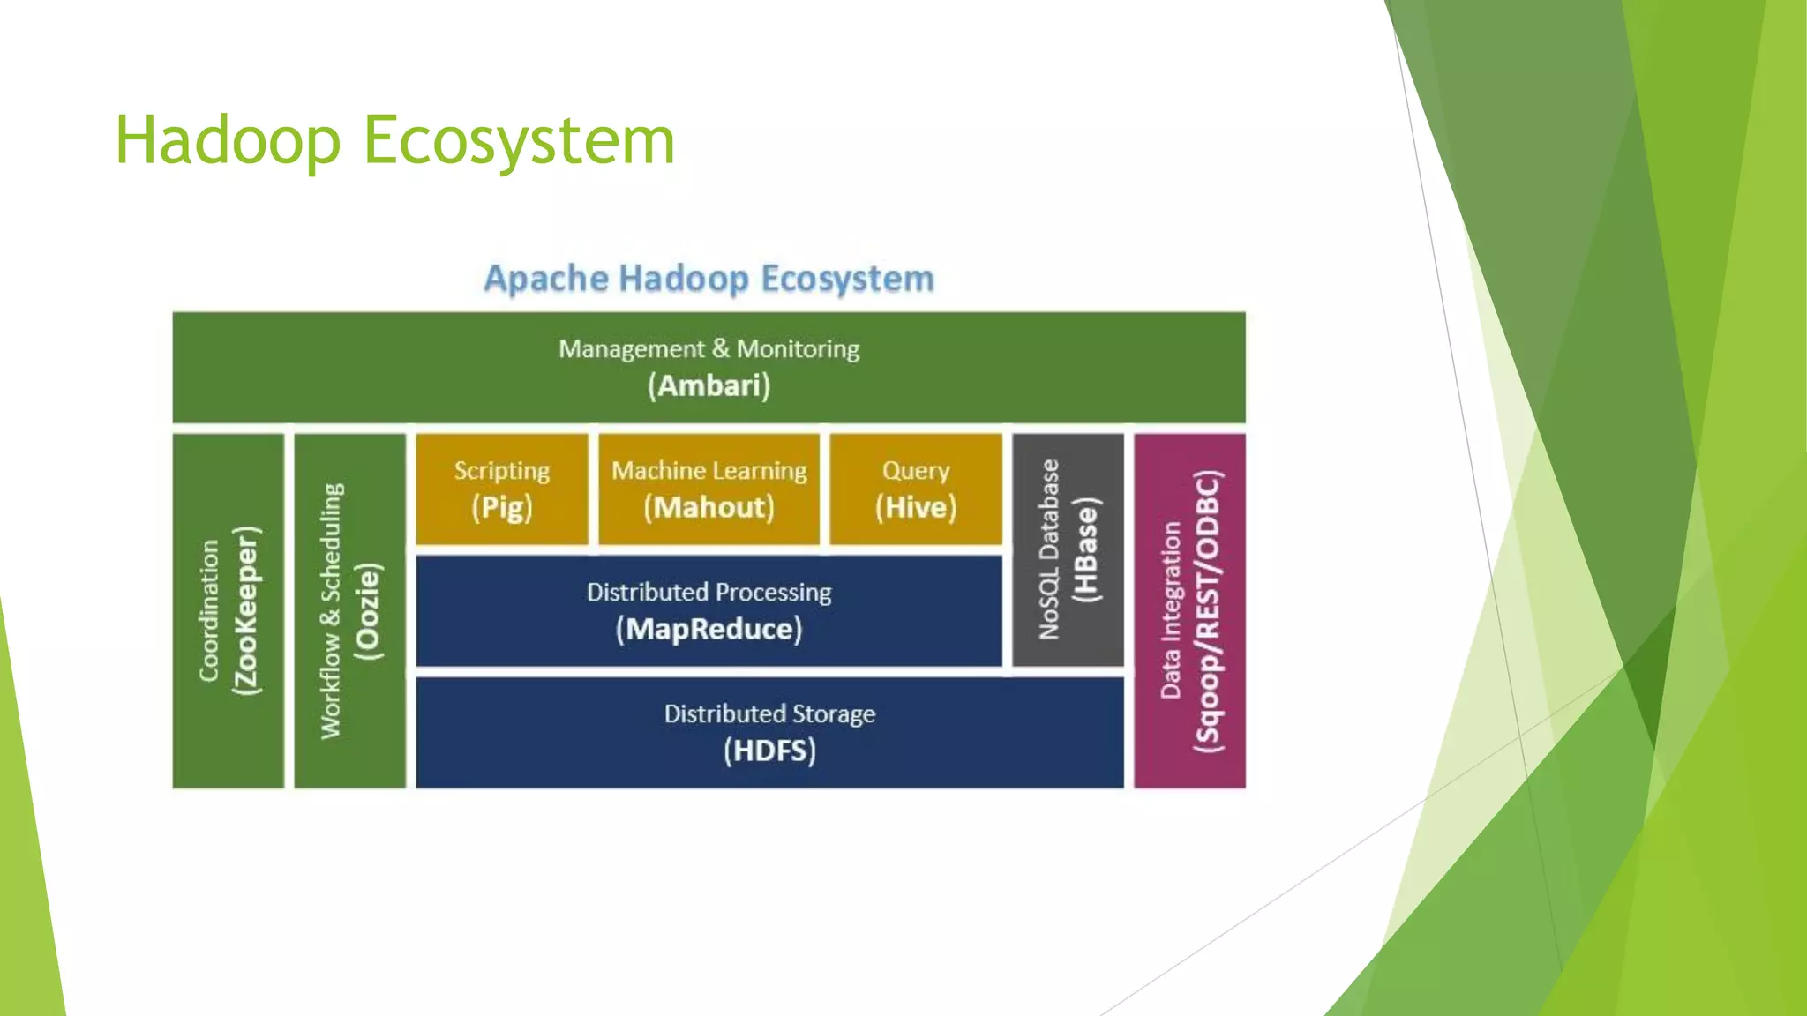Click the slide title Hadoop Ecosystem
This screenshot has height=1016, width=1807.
(394, 141)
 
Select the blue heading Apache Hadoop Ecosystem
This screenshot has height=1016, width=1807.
(709, 279)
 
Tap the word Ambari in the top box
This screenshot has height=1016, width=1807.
(709, 386)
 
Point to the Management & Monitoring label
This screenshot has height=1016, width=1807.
(709, 349)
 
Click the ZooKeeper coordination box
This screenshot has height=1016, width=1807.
(229, 610)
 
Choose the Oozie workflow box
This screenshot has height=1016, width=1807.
(350, 610)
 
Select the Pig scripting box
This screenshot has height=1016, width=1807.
(502, 489)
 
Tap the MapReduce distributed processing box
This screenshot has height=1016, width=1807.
(709, 611)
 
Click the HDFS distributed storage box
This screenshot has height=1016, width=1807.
(769, 733)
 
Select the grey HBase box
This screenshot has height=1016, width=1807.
(1068, 549)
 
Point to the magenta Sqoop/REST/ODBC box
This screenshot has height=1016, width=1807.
(1190, 610)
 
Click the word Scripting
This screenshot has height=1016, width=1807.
(502, 471)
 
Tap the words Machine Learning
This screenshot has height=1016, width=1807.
(709, 471)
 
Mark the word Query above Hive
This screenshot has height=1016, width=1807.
(916, 471)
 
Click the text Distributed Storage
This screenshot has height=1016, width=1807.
(769, 713)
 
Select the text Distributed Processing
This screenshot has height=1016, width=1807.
(709, 593)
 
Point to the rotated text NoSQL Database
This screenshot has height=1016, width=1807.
(1049, 549)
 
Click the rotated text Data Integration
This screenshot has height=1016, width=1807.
(1171, 610)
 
